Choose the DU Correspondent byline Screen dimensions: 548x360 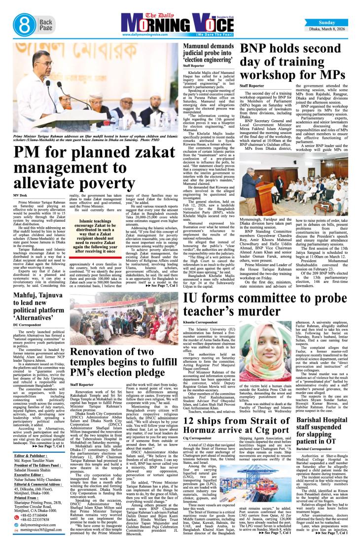point(28,325)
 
